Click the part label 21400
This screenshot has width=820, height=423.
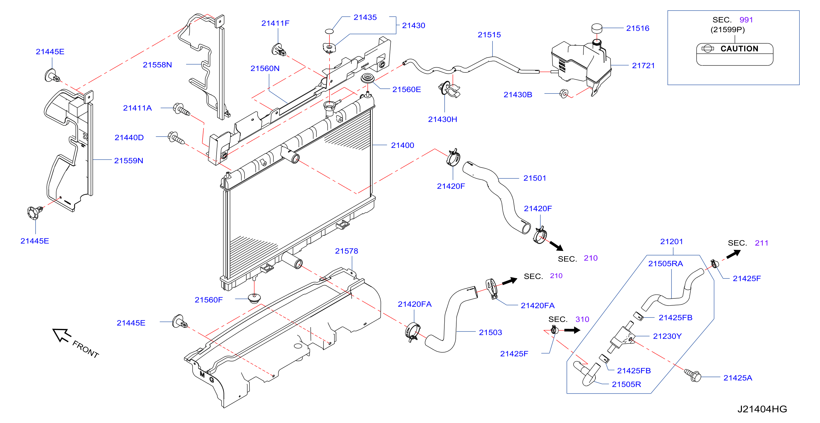point(402,145)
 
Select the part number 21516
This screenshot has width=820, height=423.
point(638,28)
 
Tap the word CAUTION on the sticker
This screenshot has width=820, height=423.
point(739,49)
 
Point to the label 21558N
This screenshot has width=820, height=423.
point(157,65)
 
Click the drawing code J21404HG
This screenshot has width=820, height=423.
point(762,409)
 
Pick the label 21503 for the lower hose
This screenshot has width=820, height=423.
point(490,333)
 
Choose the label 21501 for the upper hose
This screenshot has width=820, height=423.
point(535,178)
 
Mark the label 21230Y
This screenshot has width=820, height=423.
point(667,336)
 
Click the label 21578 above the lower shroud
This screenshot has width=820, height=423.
point(346,251)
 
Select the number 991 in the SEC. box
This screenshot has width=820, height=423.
point(746,20)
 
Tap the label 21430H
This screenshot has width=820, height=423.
point(442,119)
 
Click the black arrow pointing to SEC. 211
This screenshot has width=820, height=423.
point(733,254)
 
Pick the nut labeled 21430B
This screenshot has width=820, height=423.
point(564,93)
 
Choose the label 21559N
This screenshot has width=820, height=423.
point(129,161)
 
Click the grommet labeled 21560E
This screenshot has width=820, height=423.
point(368,78)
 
